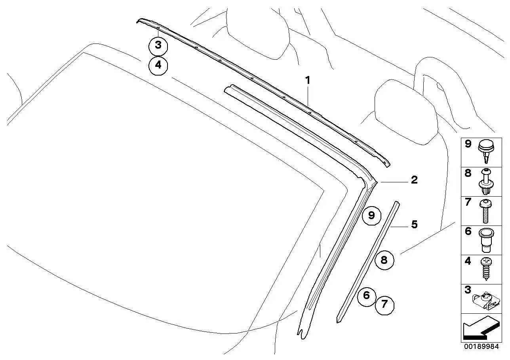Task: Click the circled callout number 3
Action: tap(158, 46)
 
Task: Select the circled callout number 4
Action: tap(158, 66)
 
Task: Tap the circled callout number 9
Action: tap(371, 216)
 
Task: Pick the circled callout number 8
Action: tap(384, 260)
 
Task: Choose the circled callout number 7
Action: tap(384, 305)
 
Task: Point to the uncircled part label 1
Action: tap(308, 80)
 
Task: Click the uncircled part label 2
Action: tap(414, 180)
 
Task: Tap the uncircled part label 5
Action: tap(414, 224)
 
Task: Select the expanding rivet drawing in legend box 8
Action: tap(486, 181)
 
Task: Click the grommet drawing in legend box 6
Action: tap(486, 240)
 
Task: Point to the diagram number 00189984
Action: tap(481, 347)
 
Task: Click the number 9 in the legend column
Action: tap(468, 144)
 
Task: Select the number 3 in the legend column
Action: tap(468, 290)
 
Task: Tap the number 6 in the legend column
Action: tap(468, 231)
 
